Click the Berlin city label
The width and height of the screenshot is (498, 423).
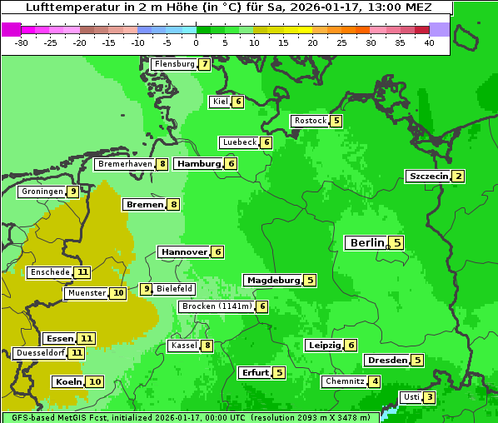click(366, 243)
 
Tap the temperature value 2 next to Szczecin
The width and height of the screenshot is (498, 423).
click(458, 177)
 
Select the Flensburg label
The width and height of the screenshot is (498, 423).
click(174, 64)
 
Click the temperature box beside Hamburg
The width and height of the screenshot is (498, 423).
click(232, 164)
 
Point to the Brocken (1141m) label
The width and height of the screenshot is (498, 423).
click(216, 306)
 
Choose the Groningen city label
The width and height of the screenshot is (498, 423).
click(42, 192)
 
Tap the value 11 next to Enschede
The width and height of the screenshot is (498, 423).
click(82, 272)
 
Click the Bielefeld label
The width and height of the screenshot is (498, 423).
click(175, 289)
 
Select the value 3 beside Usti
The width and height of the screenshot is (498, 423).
click(429, 397)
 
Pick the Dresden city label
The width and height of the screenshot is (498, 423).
click(386, 361)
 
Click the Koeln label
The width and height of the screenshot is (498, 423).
click(68, 382)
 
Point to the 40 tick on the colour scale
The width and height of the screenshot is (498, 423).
click(429, 42)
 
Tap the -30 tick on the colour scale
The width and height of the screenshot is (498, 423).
click(22, 42)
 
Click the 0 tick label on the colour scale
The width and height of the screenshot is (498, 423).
click(196, 42)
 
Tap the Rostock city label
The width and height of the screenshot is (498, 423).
click(311, 121)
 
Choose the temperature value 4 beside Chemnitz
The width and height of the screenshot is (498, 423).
click(376, 381)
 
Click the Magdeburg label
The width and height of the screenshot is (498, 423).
click(272, 281)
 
